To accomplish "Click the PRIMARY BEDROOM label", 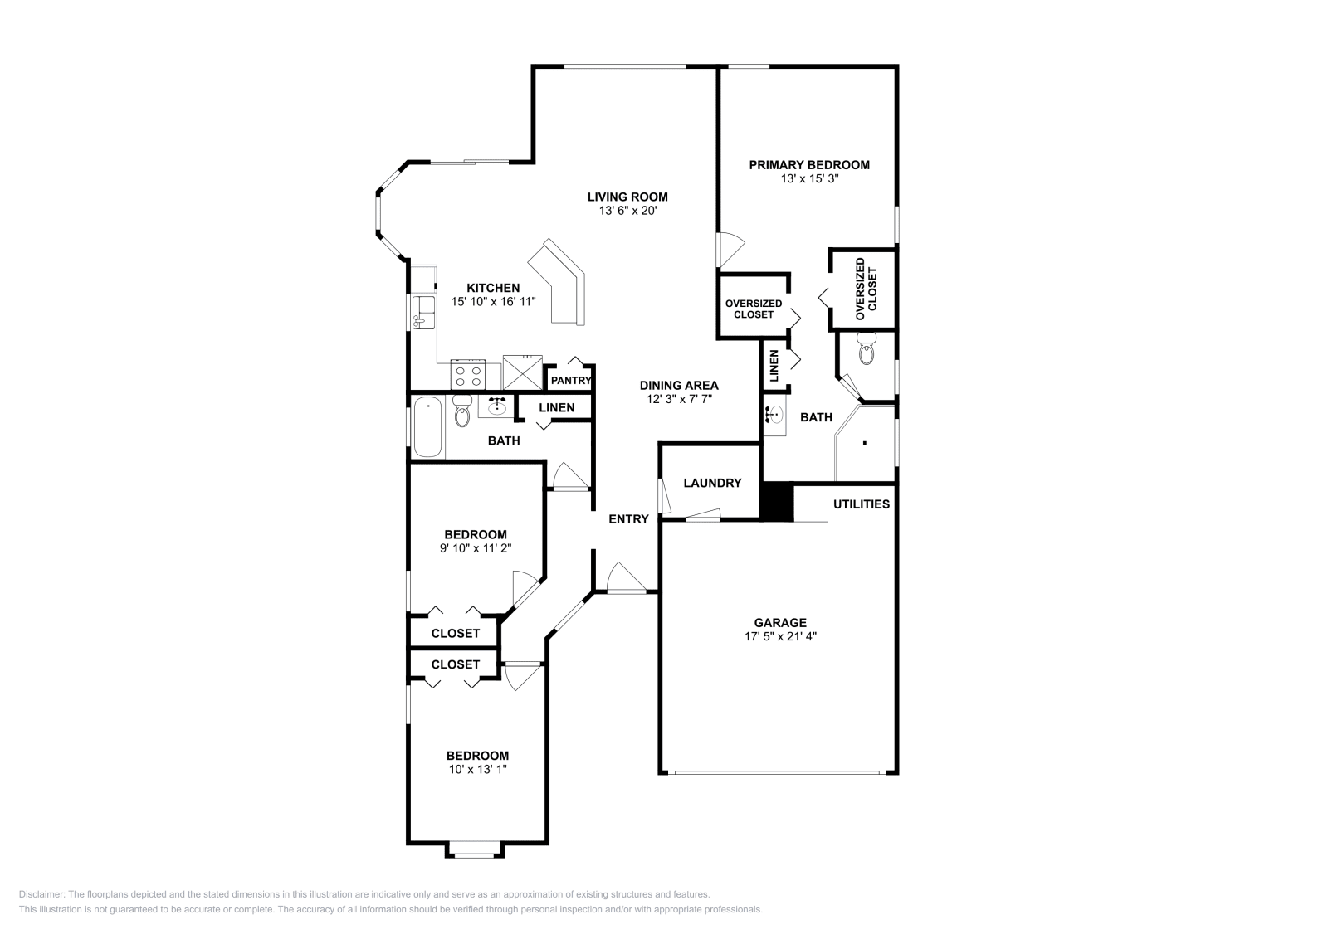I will pyautogui.click(x=809, y=165).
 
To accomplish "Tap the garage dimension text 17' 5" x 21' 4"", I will pyautogui.click(x=780, y=636).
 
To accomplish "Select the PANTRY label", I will pyautogui.click(x=571, y=381).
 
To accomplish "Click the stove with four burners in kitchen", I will pyautogui.click(x=467, y=375).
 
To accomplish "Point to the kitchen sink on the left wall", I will pyautogui.click(x=424, y=311).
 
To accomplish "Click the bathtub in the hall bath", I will pyautogui.click(x=428, y=426).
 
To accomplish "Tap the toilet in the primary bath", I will pyautogui.click(x=867, y=350).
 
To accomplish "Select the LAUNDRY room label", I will pyautogui.click(x=712, y=483).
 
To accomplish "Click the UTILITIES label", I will pyautogui.click(x=862, y=504).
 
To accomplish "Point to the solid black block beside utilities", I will pyautogui.click(x=778, y=503).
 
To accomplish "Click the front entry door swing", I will pyautogui.click(x=624, y=577).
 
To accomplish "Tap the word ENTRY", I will pyautogui.click(x=628, y=519).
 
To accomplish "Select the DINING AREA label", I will pyautogui.click(x=679, y=385).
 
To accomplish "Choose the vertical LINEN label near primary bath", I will pyautogui.click(x=774, y=365).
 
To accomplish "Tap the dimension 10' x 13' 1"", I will pyautogui.click(x=477, y=769).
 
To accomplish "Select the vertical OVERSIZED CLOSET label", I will pyautogui.click(x=866, y=289).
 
